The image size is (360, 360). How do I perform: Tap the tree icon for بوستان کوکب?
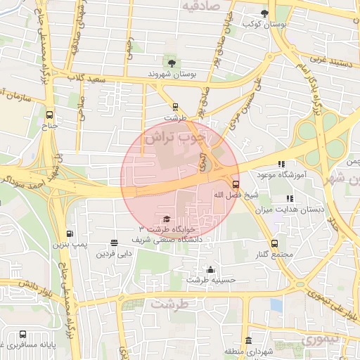[x=265, y=13]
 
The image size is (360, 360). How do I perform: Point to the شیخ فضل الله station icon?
[x=235, y=185]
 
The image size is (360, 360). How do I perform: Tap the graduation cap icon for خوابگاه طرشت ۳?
[x=166, y=219]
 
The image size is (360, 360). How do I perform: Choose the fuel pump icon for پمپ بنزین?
[x=69, y=234]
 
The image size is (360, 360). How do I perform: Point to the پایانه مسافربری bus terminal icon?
[x=23, y=335]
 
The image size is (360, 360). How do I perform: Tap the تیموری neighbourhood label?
[x=320, y=340]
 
